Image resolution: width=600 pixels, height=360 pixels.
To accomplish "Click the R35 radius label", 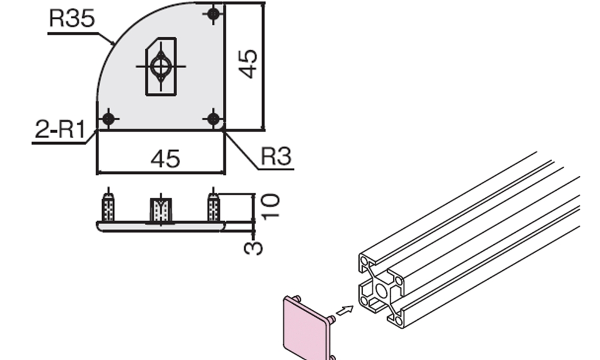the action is [x=71, y=18].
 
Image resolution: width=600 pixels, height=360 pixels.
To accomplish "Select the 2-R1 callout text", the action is [x=60, y=129].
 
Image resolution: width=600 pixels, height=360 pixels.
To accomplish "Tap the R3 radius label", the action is [x=276, y=156].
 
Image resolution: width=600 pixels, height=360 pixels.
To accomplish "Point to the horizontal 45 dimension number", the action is [x=166, y=158].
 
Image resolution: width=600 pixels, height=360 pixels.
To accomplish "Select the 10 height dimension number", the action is [x=270, y=206].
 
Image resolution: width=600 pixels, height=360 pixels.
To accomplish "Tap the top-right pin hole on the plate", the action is [x=214, y=14].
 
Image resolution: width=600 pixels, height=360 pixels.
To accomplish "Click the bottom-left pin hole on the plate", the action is [x=109, y=119].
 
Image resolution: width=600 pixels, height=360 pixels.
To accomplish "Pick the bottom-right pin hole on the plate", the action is [x=214, y=119].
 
